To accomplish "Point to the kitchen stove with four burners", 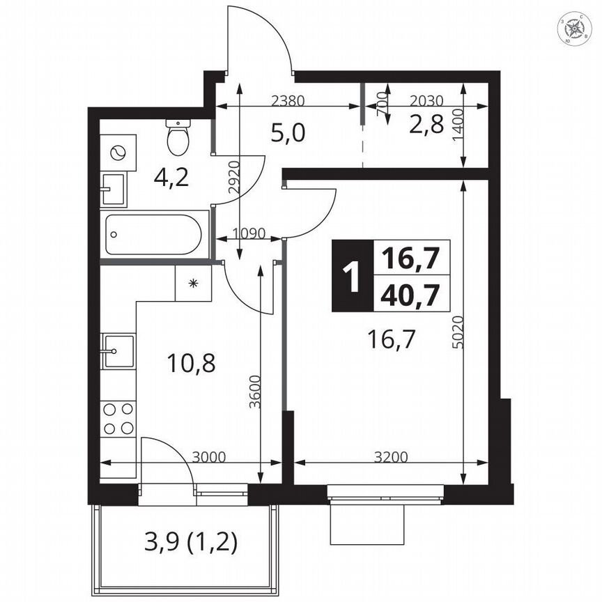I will [118, 419].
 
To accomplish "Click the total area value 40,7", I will [410, 295].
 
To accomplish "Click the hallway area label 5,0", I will [288, 132].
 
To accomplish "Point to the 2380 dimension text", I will [287, 100].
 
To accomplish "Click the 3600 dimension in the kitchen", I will [256, 394].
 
